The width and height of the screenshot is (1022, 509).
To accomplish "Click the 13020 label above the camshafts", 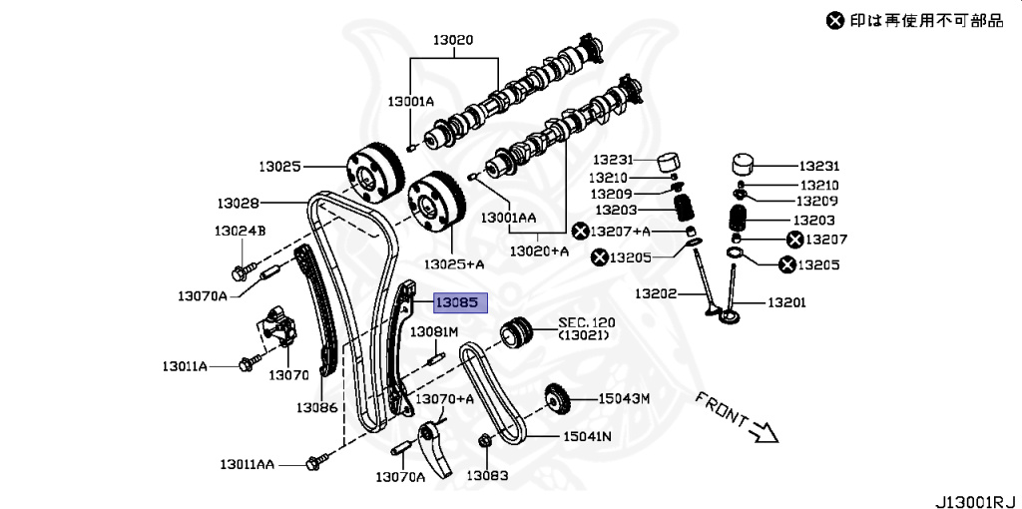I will (452, 41).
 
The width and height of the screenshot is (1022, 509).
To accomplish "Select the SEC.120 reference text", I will (587, 322).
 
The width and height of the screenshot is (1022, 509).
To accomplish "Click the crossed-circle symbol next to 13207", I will (795, 240).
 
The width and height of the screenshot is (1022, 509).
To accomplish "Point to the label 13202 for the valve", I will (657, 294).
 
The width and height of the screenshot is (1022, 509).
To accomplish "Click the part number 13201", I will (787, 301).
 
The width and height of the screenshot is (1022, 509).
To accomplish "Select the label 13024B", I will (239, 231).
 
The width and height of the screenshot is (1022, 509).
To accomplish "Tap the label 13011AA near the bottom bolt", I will (249, 464).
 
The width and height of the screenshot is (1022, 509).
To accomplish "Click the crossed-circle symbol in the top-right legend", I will (834, 20).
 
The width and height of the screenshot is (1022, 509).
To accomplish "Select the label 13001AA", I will (508, 217).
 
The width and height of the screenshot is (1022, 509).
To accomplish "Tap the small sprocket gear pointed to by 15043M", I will (557, 401).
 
